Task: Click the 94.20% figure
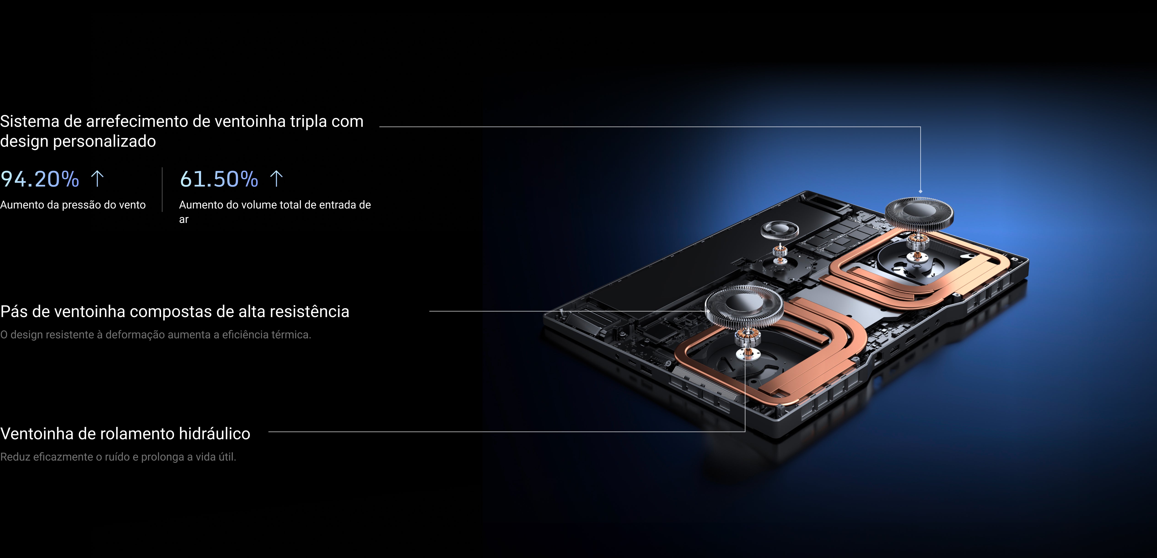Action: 40,179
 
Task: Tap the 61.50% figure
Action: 219,179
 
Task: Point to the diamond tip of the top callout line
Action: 920,191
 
